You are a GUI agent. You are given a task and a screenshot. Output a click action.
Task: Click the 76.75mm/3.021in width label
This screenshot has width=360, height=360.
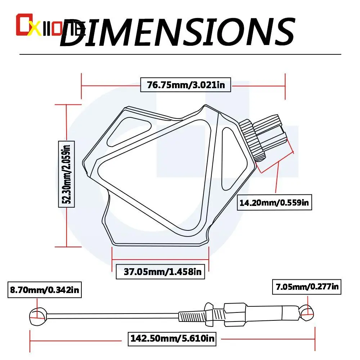point(185,85)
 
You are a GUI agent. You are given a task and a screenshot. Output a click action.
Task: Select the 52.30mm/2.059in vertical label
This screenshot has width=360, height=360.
point(66,174)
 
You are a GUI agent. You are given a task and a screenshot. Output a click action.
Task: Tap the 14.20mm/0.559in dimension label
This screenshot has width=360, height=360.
point(274,203)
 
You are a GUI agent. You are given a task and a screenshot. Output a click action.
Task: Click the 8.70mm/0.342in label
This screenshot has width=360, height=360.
point(45,290)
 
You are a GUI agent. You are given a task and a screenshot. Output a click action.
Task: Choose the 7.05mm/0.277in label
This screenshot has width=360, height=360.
point(307,287)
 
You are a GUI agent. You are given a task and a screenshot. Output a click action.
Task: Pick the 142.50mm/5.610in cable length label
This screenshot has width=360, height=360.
point(172,338)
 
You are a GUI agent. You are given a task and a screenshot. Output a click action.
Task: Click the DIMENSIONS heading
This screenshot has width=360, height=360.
point(177,32)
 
